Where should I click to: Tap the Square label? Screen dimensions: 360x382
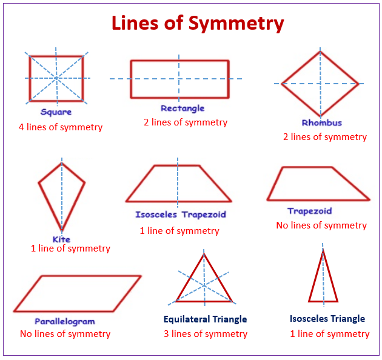[x=56, y=112]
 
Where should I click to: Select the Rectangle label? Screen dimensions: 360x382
[x=183, y=108]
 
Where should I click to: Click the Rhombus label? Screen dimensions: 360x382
[x=321, y=122]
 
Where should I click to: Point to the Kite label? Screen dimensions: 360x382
[x=61, y=239]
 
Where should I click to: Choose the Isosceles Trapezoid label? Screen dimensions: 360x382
[x=181, y=215]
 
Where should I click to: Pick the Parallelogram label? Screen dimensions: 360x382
[x=64, y=321]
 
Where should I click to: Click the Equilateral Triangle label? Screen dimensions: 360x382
[x=205, y=319]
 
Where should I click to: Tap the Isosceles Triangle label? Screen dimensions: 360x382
[x=327, y=319]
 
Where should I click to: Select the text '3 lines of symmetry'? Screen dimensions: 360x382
[x=206, y=334]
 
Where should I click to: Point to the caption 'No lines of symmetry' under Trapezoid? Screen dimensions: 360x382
[x=321, y=225]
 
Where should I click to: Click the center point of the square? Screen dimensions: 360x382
[x=56, y=78]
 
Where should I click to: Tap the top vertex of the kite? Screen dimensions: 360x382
[x=61, y=162]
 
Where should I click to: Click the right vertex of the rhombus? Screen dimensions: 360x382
[x=358, y=84]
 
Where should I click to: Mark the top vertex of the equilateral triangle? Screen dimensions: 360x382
[x=204, y=254]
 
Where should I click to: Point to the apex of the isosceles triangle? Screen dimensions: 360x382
[x=323, y=250]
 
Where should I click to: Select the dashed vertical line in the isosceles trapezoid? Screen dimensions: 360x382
[x=178, y=182]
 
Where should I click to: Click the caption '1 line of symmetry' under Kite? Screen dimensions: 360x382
[x=70, y=248]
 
